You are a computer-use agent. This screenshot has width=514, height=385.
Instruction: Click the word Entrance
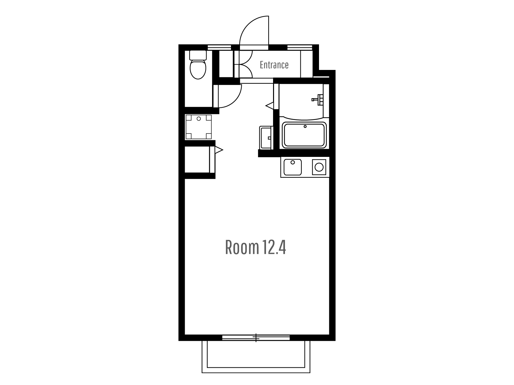[x=274, y=65]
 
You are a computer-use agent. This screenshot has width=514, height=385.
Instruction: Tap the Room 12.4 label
[x=255, y=247]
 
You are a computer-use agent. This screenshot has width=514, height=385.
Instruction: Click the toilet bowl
[x=198, y=69]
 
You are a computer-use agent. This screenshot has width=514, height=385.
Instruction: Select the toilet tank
[x=198, y=55]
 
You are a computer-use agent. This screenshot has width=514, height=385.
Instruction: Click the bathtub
[x=305, y=135]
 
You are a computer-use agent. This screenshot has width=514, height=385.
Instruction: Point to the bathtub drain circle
[x=305, y=126]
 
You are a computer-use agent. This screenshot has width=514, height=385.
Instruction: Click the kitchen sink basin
[x=292, y=167]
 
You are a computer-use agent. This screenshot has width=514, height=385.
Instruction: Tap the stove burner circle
[x=319, y=167]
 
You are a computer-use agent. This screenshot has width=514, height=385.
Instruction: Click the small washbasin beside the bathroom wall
[x=266, y=138]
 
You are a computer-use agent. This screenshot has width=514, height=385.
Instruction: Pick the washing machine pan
[x=199, y=127]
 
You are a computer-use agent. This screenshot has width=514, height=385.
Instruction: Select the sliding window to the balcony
[x=256, y=338]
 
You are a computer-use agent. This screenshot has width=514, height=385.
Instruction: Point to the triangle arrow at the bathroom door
[x=269, y=106]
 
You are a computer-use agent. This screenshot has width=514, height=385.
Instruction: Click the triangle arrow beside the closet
[x=219, y=150]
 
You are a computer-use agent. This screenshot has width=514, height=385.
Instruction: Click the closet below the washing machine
[x=197, y=160]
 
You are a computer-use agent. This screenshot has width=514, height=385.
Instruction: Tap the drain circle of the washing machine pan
[x=199, y=119]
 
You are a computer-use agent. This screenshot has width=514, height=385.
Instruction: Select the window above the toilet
[x=219, y=47]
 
